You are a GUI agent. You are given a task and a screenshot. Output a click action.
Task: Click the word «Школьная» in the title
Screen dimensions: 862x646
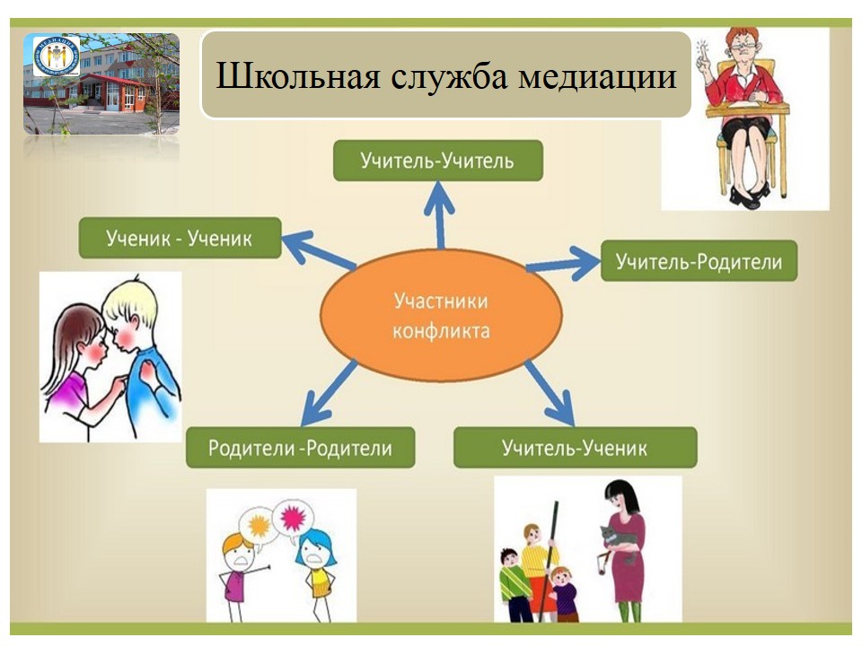pyautogui.click(x=297, y=75)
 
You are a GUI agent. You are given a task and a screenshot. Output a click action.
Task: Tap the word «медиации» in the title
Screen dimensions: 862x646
pyautogui.click(x=598, y=75)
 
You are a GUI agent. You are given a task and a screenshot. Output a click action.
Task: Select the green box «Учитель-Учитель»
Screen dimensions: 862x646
pyautogui.click(x=438, y=161)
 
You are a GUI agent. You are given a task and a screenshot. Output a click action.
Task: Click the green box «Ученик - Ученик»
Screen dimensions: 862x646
pyautogui.click(x=180, y=238)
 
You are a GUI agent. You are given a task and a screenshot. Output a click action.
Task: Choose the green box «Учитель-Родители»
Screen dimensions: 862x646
pyautogui.click(x=699, y=261)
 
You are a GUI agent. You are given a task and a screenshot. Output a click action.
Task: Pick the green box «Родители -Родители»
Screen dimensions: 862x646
pyautogui.click(x=300, y=448)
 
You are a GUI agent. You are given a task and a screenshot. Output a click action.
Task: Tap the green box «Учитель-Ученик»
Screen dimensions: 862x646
pyautogui.click(x=575, y=448)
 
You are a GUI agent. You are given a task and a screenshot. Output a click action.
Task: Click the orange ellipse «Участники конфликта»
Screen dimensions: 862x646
pyautogui.click(x=441, y=315)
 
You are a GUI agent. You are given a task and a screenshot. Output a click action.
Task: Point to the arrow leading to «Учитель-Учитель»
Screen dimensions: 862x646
pyautogui.click(x=440, y=215)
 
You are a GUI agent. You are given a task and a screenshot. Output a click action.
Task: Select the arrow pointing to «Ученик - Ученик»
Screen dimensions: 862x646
pyautogui.click(x=319, y=250)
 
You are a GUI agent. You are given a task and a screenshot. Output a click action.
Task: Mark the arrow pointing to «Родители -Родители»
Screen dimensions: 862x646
pyautogui.click(x=330, y=393)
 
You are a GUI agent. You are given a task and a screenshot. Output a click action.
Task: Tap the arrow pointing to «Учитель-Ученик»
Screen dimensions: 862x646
pyautogui.click(x=550, y=393)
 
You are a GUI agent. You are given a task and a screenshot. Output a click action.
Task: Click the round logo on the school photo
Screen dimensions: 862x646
pyautogui.click(x=57, y=56)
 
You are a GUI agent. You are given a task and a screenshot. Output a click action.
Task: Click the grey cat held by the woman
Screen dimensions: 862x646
pyautogui.click(x=619, y=542)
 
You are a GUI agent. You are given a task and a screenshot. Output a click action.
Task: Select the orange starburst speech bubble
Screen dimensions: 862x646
pyautogui.click(x=259, y=526)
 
